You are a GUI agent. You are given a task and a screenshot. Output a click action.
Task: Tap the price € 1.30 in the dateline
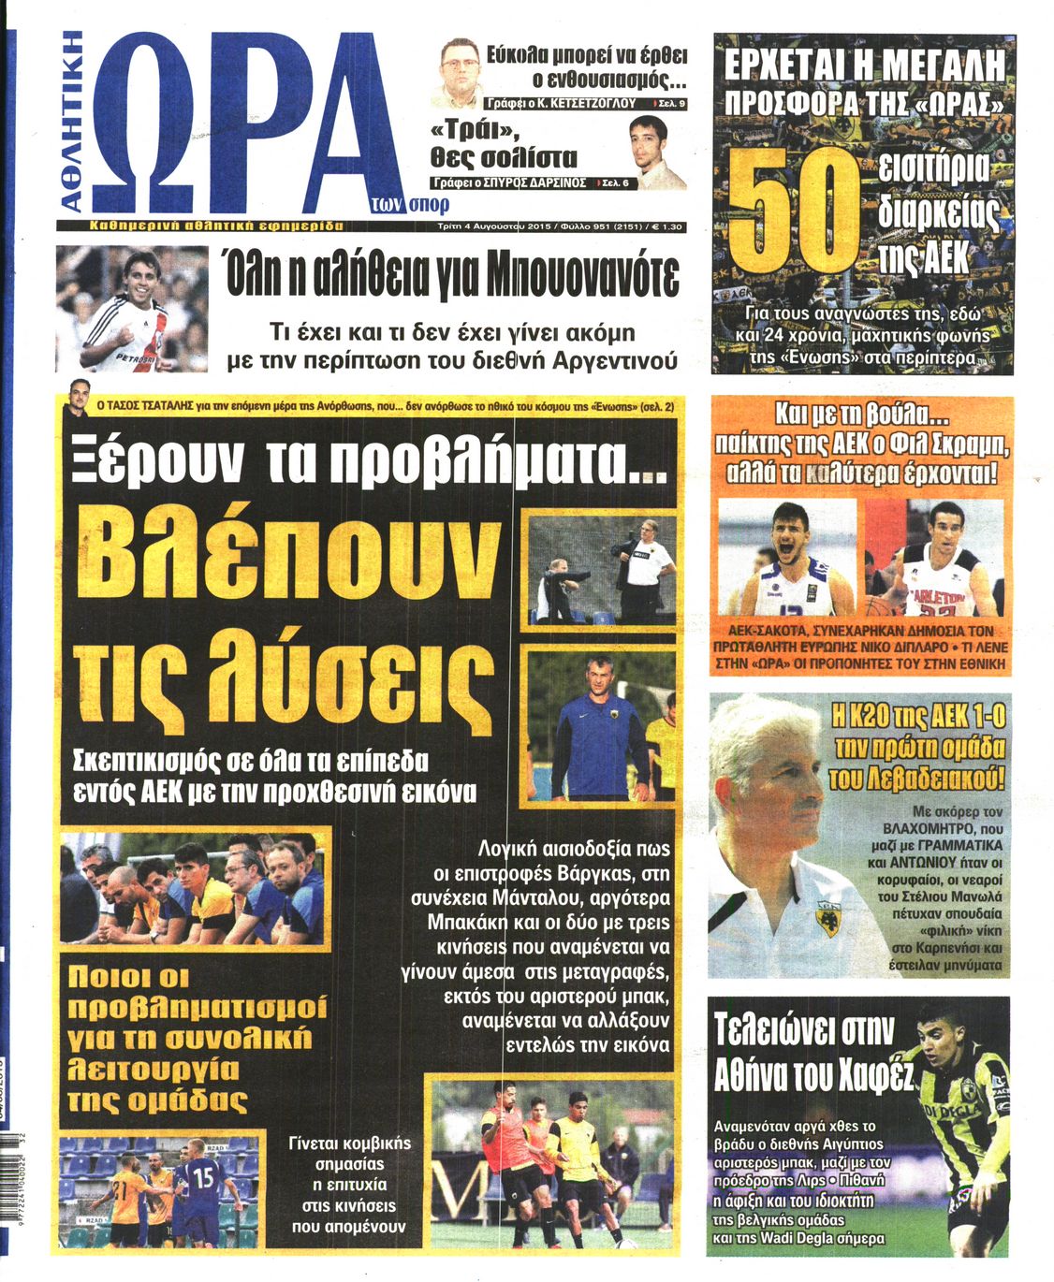pyautogui.click(x=666, y=226)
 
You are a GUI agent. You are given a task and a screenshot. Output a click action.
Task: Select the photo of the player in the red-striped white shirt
pyautogui.click(x=131, y=309)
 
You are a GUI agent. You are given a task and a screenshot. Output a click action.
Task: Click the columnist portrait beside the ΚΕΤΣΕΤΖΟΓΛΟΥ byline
pyautogui.click(x=460, y=71)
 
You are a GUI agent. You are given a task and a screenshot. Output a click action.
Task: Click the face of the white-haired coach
pyautogui.click(x=763, y=795)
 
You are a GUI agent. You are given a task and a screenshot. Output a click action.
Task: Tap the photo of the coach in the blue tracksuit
pyautogui.click(x=599, y=725)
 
